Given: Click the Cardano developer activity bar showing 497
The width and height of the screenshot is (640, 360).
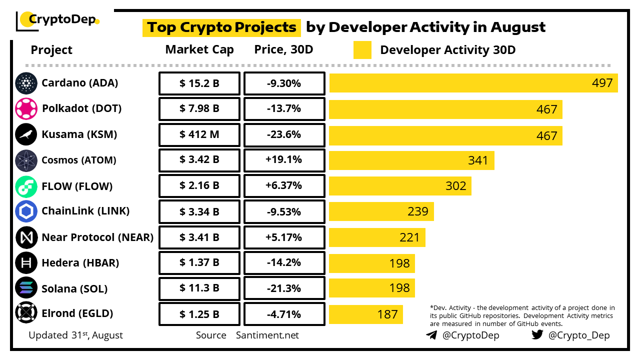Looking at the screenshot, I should (473, 83).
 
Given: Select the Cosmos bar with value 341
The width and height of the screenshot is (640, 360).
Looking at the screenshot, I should (411, 160).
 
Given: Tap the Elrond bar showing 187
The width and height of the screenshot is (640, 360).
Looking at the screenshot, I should (365, 314).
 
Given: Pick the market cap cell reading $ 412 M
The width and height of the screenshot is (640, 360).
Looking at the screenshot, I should (199, 134).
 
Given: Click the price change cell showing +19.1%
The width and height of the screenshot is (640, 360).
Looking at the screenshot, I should (284, 160).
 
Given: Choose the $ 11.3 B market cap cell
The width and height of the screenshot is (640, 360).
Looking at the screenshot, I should (199, 288).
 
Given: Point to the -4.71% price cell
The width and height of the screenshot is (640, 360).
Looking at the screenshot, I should (284, 314).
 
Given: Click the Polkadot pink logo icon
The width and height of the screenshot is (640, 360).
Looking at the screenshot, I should (26, 108).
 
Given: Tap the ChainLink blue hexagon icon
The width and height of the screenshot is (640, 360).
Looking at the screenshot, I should (26, 211).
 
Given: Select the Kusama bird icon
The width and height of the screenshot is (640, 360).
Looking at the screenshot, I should (26, 134).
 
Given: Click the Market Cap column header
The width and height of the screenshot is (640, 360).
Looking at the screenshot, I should (199, 49).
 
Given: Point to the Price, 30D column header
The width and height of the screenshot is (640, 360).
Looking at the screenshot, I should (283, 49).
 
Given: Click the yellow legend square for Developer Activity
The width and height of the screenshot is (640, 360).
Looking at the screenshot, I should (362, 50).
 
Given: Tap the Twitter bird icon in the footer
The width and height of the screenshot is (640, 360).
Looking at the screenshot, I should (537, 335).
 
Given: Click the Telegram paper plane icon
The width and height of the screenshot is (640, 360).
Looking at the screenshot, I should (431, 335).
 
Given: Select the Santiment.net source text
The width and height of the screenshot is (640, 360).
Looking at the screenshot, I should (267, 335).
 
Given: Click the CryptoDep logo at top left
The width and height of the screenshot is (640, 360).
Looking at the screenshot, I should (57, 20).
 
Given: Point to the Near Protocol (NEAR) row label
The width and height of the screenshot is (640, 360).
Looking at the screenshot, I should (97, 237).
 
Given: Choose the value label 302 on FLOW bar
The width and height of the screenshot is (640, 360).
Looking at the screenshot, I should (455, 186).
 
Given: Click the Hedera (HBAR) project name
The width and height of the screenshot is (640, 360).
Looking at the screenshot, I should (80, 263).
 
